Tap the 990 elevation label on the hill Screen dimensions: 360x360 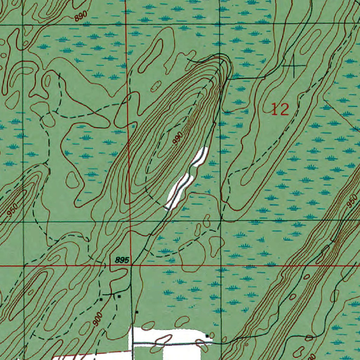[x=178, y=138]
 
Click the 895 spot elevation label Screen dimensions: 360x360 [x=123, y=260]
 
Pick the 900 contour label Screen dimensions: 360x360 [x=98, y=320]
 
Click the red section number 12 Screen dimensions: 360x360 [x=280, y=110]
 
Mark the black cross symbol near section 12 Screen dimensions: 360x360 [x=294, y=65]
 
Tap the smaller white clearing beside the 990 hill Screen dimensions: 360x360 [x=199, y=156]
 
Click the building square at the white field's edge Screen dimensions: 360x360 [x=207, y=336]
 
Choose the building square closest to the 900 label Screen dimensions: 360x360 [x=101, y=300]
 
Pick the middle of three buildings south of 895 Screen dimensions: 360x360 [x=119, y=296]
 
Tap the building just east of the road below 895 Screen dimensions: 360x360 [x=137, y=312]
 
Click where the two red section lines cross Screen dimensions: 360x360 [x=130, y=265]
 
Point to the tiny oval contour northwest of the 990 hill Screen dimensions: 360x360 [x=155, y=85]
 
